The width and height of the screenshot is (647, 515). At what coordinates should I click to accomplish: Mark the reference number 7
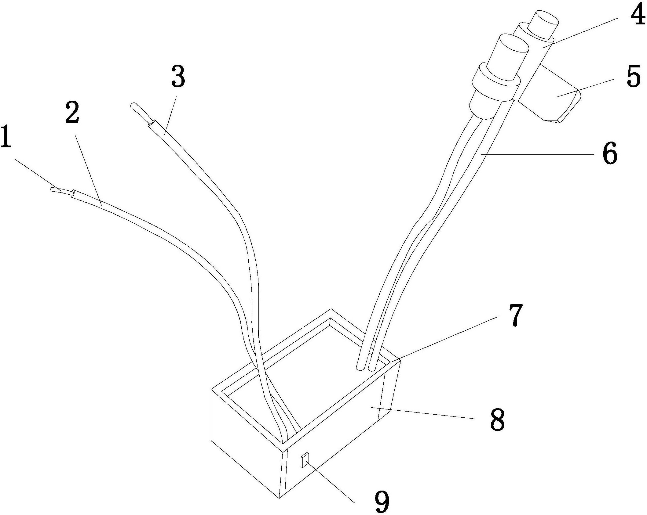point(515,315)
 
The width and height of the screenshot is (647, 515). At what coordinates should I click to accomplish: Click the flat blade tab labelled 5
point(550,98)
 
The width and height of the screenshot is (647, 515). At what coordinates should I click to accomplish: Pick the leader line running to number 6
point(537,154)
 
